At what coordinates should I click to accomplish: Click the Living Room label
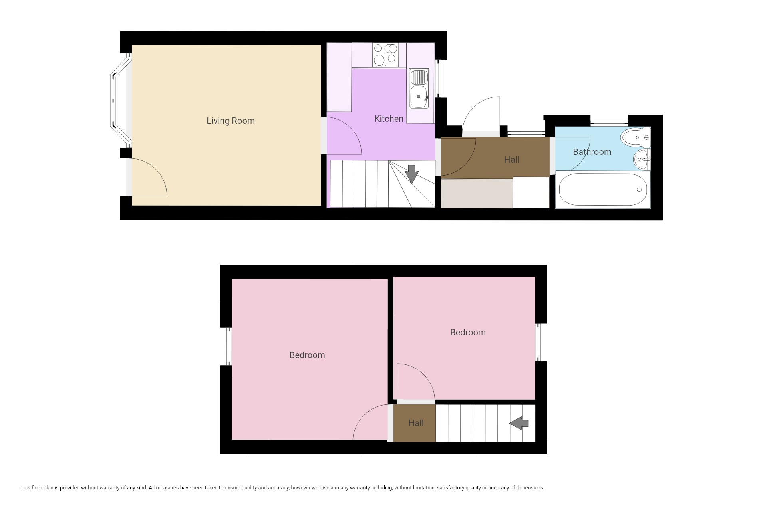[x=230, y=121]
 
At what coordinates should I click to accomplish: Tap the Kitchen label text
[x=389, y=119]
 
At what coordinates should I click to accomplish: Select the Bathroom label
[x=592, y=152]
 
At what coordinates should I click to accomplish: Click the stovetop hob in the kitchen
[x=385, y=55]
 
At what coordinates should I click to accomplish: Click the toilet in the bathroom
[x=635, y=138]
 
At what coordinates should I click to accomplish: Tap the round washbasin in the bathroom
[x=642, y=159]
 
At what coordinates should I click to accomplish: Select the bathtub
[x=603, y=190]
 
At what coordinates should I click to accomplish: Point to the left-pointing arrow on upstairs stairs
[x=519, y=423]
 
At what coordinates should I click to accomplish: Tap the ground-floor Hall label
[x=512, y=160]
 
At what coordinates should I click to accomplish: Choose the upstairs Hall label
[x=416, y=423]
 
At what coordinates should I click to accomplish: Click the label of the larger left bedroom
[x=307, y=355]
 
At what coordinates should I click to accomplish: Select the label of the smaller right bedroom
[x=468, y=332]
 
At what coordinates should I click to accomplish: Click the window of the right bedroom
[x=538, y=342]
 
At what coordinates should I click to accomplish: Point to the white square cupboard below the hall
[x=531, y=193]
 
